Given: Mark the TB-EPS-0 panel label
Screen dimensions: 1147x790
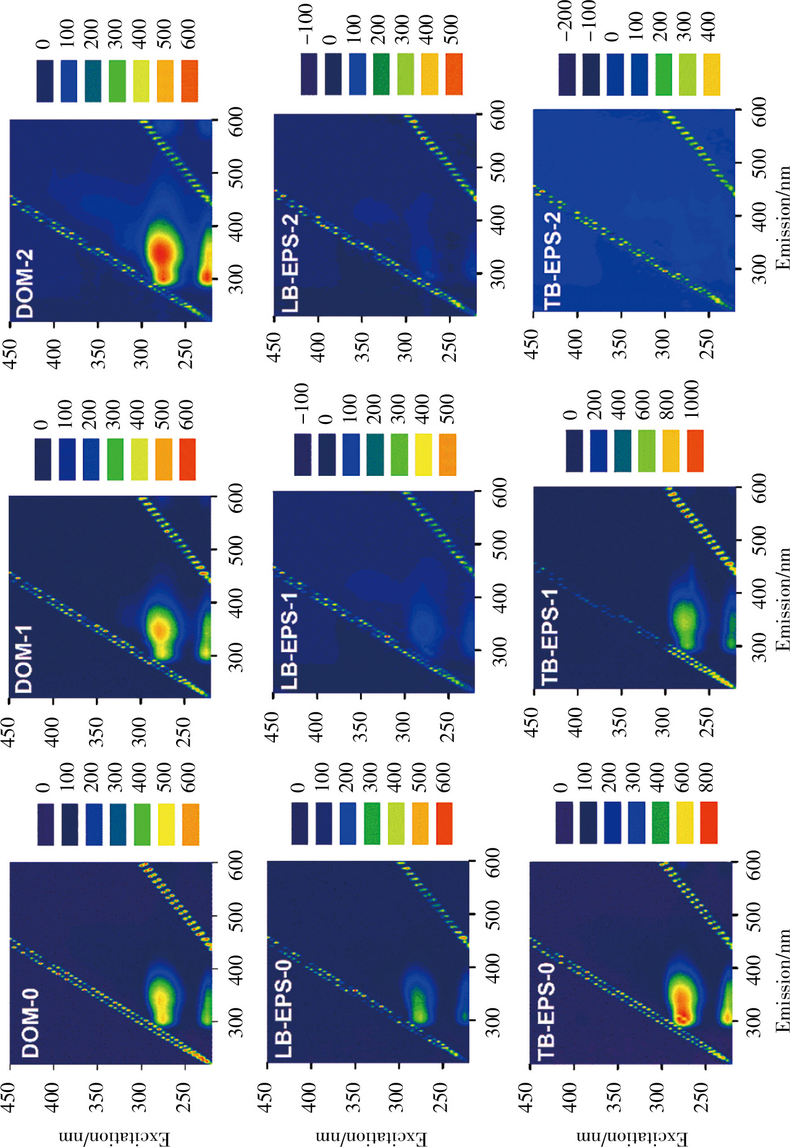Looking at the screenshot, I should coord(547,1016).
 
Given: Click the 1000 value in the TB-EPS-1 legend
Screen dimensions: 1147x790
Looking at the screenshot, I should coord(691,399).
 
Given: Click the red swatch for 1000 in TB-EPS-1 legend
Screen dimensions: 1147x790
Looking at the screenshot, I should coord(695,451).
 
